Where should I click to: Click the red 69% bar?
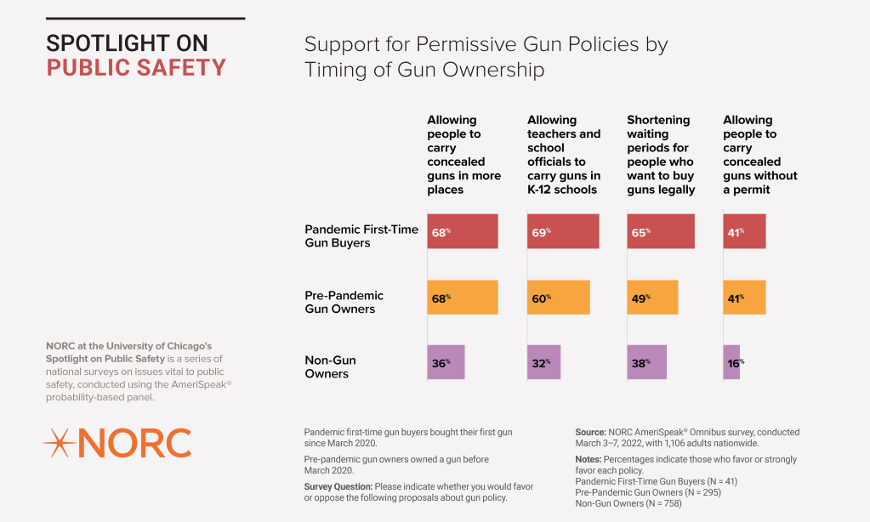point(563,231)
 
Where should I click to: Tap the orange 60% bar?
point(558,298)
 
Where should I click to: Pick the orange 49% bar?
point(652,298)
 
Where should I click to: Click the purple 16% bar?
point(731,362)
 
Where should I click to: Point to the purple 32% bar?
point(543,362)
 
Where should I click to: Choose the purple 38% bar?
point(646,362)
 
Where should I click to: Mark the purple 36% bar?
point(446,362)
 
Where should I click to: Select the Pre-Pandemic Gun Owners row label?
point(344,302)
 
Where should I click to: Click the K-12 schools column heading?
point(564,155)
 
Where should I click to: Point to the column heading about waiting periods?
point(661,155)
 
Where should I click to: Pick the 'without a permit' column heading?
point(760,155)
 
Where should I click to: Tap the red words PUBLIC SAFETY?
point(136,68)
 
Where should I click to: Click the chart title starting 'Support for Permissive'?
point(486,56)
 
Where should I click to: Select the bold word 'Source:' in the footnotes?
point(590,432)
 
